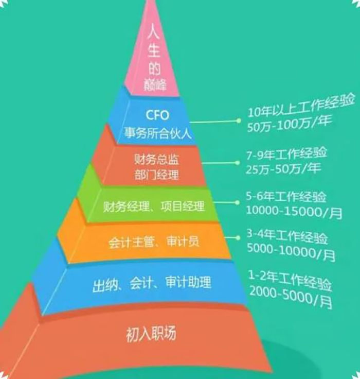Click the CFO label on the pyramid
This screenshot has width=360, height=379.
(157, 115)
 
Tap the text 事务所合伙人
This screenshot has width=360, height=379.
(158, 133)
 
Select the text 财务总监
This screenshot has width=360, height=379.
(157, 159)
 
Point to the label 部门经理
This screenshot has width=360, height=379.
(157, 175)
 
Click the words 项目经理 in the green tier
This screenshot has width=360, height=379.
(182, 206)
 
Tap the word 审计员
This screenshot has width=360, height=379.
(183, 241)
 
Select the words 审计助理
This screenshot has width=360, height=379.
(188, 282)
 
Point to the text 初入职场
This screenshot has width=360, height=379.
(151, 334)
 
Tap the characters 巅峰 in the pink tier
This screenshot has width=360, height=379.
(155, 84)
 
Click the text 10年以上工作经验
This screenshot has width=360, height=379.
(301, 106)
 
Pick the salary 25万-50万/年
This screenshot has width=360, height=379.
(283, 168)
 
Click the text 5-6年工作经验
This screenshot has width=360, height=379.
(286, 197)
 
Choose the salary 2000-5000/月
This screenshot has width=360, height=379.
(291, 297)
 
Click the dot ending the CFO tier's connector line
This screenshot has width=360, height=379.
(238, 120)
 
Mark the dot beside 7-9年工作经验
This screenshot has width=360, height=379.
(237, 163)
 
